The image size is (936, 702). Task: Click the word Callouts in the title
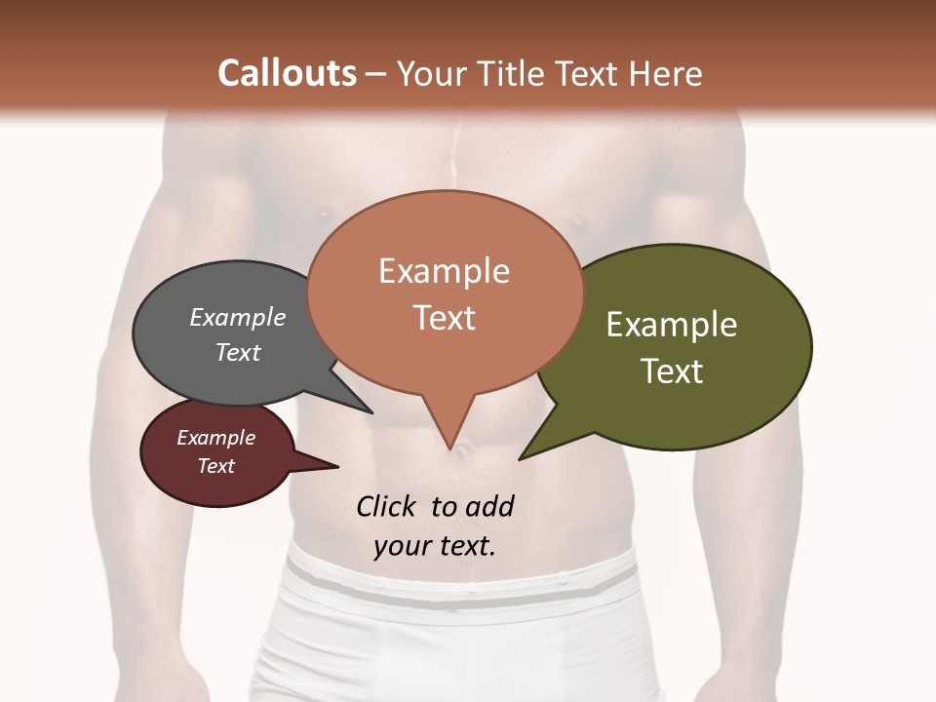287,73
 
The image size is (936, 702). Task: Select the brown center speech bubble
445,292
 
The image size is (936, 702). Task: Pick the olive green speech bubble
682,346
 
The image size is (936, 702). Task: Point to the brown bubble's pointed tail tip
449,448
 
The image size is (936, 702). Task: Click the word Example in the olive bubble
671,325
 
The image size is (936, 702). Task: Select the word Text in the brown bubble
445,318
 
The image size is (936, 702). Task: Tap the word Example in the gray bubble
237,317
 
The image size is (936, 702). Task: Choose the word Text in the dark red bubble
216,466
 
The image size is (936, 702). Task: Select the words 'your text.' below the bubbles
434,545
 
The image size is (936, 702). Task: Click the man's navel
466,450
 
